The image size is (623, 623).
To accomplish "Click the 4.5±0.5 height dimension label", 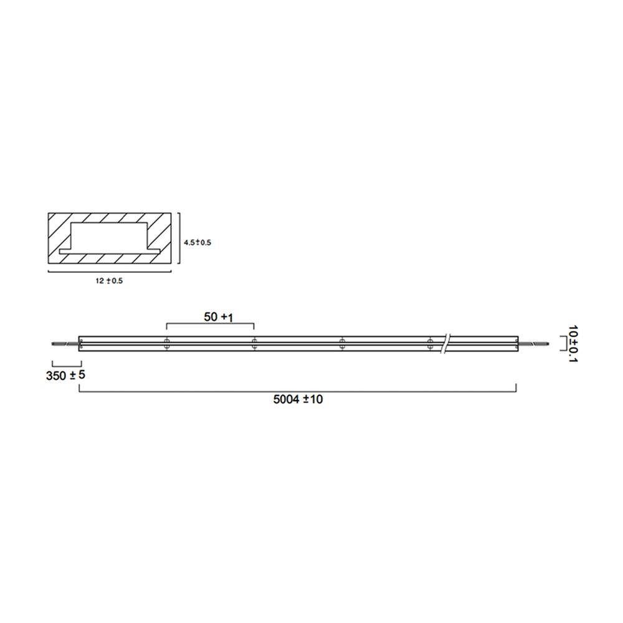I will coord(197,242).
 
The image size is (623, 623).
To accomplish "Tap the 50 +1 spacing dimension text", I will coord(218,317).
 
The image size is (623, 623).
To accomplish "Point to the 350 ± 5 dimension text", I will coord(65,376).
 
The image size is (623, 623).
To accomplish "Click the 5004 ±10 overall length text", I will coord(298,399).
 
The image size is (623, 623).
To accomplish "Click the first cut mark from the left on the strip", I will coord(167,344).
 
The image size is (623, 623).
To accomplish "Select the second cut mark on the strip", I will coord(254,344).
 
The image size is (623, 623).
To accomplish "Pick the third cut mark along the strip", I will coord(342,344).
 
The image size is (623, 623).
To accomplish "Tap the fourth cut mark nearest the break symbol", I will coord(429,344).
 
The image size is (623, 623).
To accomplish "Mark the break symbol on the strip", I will coord(445,344).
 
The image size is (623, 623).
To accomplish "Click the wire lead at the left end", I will coord(64,343).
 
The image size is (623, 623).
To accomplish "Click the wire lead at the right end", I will coord(533,343).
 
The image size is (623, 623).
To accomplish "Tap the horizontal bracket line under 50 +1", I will coord(211,325).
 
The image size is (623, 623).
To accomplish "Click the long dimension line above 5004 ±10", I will coord(298,391).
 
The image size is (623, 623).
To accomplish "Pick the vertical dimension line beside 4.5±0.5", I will coord(179,242).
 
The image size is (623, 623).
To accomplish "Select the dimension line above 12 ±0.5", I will coord(110,272).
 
